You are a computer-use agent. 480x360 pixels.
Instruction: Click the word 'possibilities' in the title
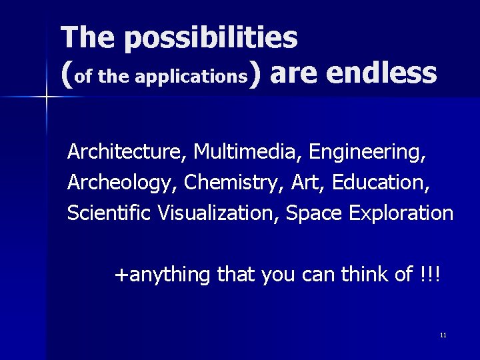(210, 38)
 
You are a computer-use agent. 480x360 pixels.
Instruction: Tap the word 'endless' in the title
(383, 73)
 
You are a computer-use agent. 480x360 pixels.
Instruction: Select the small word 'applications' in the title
(191, 77)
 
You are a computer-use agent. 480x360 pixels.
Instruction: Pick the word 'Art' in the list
(306, 182)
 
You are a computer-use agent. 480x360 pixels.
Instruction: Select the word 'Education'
(381, 182)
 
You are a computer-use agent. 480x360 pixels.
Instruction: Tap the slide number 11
(443, 335)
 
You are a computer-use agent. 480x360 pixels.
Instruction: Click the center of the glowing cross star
(46, 97)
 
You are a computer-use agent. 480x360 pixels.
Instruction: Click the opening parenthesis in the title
(66, 75)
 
